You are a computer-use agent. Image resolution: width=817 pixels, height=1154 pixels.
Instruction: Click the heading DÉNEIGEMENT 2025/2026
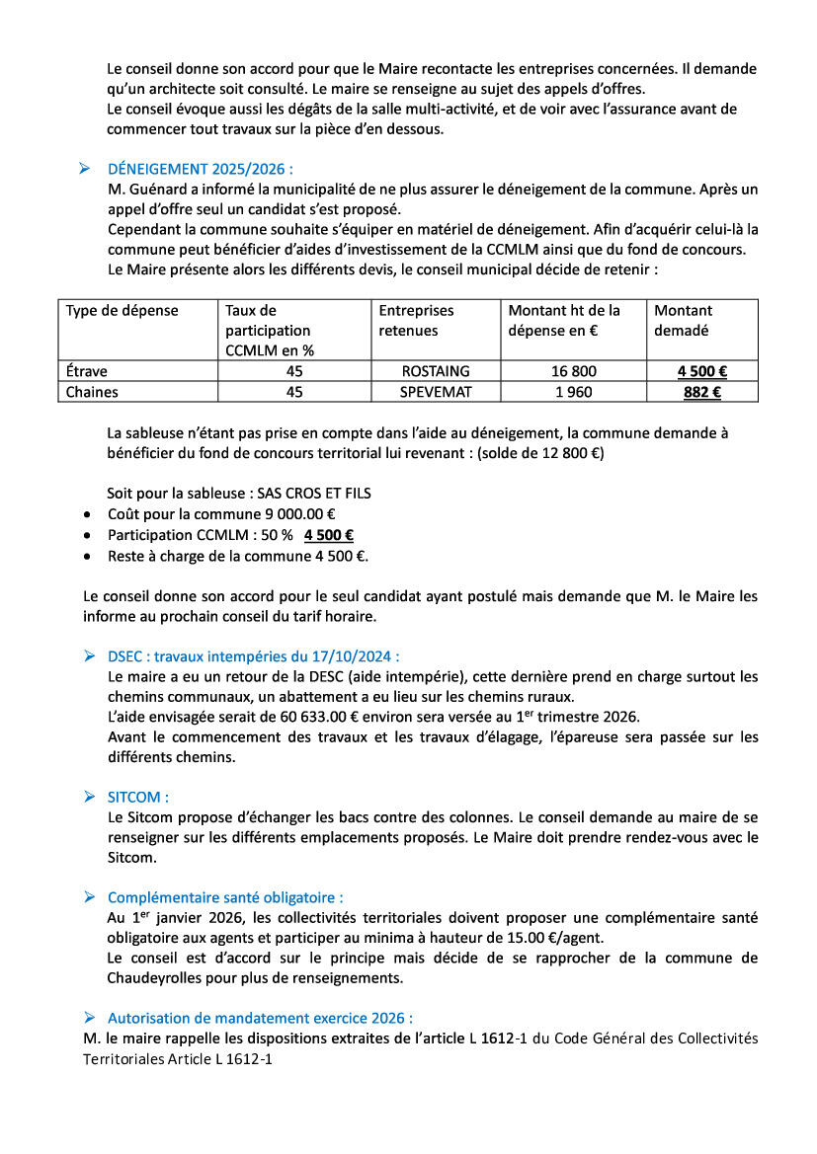click(200, 169)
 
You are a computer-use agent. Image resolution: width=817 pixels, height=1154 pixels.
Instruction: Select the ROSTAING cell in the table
click(436, 372)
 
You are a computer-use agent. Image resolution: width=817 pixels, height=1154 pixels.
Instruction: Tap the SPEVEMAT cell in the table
click(436, 392)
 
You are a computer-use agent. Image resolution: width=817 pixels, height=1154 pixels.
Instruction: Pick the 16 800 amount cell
click(574, 372)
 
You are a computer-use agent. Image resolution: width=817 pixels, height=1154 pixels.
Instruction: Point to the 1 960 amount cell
click(574, 392)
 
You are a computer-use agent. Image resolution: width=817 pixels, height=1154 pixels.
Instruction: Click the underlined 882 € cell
click(701, 392)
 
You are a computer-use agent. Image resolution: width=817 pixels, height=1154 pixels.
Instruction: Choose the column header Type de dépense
click(123, 311)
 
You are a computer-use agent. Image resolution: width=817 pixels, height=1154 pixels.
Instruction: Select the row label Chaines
click(91, 392)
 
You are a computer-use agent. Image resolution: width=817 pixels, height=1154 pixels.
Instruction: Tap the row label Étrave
click(87, 372)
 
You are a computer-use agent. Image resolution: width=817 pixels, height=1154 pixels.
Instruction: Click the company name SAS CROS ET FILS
click(313, 494)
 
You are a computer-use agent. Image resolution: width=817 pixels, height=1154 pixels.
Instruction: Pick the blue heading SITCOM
click(138, 797)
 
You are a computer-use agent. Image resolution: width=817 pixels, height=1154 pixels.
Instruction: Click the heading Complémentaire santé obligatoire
click(225, 897)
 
